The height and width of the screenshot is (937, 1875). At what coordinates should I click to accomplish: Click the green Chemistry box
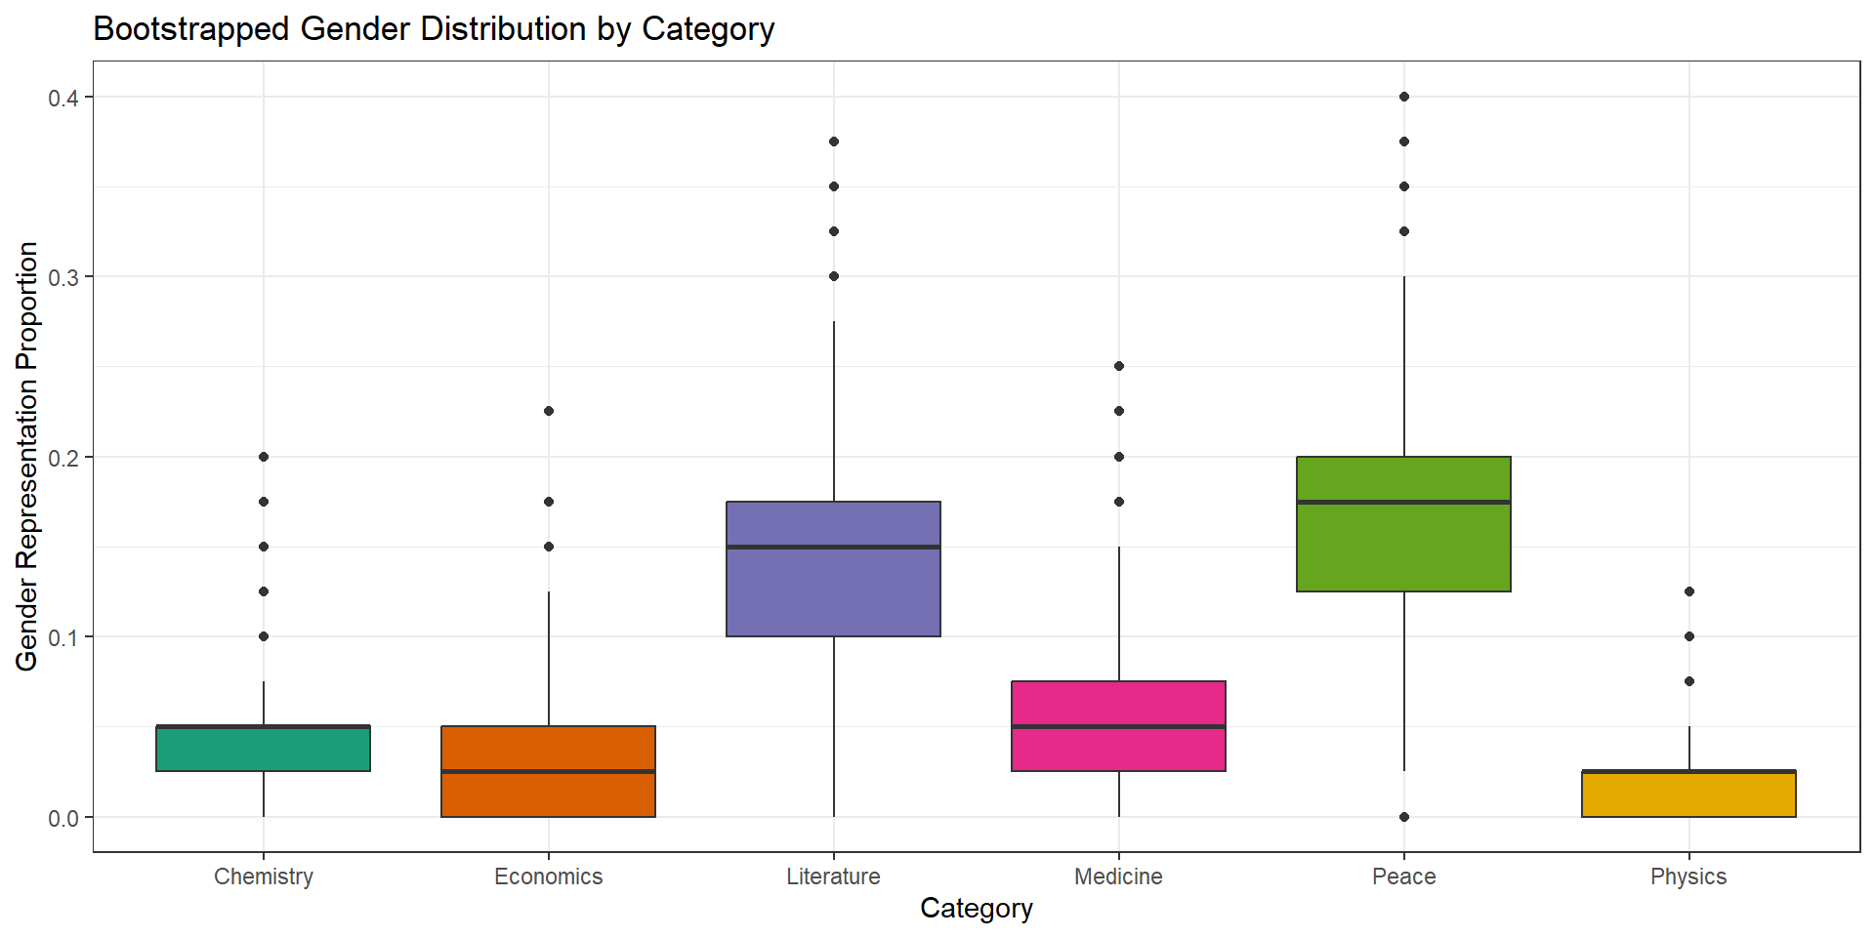click(x=263, y=749)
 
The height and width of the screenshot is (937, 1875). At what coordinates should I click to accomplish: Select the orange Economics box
click(x=548, y=771)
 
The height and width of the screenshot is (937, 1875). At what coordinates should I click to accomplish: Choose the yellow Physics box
click(x=1688, y=794)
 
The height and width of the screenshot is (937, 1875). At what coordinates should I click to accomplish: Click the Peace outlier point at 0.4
click(x=1404, y=97)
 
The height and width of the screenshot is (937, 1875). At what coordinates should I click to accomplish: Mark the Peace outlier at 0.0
click(x=1404, y=817)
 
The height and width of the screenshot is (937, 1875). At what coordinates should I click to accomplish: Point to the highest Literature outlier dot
click(x=834, y=142)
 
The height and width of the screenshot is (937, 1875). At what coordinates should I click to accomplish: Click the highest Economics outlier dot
click(x=549, y=411)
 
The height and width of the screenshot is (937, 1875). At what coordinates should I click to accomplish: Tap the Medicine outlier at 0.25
click(x=1119, y=366)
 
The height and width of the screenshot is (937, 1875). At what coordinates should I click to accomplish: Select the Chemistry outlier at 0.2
click(x=264, y=457)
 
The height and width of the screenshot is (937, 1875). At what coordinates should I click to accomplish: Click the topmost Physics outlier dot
click(x=1689, y=591)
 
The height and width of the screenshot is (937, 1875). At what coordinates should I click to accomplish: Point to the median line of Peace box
click(x=1403, y=502)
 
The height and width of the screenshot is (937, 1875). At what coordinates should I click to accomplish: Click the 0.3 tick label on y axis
click(x=63, y=277)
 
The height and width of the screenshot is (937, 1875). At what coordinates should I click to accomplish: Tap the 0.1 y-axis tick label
click(x=63, y=637)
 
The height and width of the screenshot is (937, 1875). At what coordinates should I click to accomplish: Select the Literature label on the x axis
click(x=833, y=876)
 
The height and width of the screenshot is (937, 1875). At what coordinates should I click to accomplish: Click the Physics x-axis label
click(x=1688, y=876)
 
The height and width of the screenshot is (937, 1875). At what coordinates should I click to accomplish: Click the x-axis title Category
click(x=976, y=909)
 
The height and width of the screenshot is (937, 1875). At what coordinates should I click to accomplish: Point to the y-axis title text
click(x=27, y=457)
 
